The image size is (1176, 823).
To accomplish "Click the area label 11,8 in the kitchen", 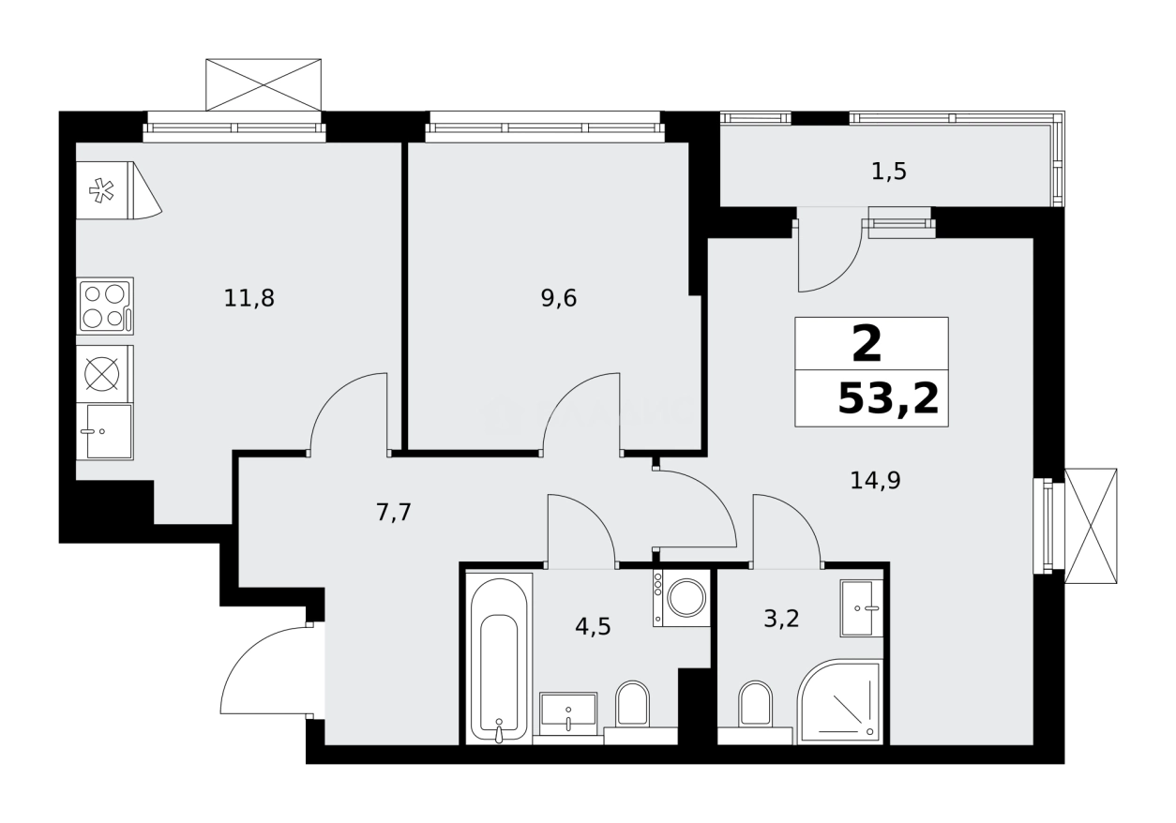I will click(249, 299).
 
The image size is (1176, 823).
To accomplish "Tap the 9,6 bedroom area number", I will click(558, 299).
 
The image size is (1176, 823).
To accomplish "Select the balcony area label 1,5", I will click(888, 172).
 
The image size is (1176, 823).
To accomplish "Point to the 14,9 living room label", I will click(874, 481).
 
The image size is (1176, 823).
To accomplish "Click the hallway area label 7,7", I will click(393, 513).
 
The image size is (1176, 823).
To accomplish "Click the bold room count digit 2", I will click(867, 344).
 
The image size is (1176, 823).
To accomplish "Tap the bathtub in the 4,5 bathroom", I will click(499, 658).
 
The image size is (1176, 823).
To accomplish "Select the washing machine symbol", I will click(682, 598).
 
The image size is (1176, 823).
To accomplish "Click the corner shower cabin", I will click(840, 703).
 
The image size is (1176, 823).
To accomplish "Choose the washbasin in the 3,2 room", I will click(861, 608).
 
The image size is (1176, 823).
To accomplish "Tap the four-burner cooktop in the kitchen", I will click(104, 306).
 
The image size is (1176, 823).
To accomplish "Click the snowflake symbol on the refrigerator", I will click(101, 191).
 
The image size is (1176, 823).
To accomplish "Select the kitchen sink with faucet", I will click(105, 431).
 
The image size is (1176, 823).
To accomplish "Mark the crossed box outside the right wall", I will click(1091, 525).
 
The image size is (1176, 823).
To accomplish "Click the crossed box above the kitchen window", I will click(264, 84).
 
